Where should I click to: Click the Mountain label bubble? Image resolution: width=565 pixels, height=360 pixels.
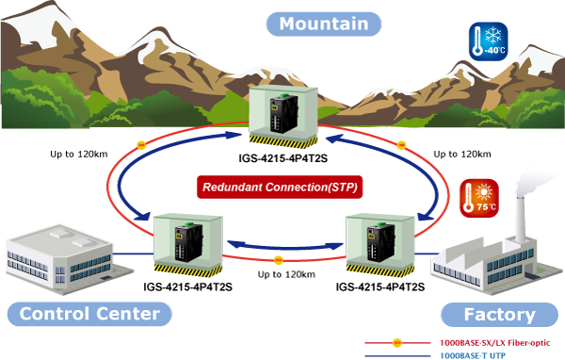pyautogui.click(x=324, y=25)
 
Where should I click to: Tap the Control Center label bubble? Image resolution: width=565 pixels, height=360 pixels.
pyautogui.click(x=89, y=314)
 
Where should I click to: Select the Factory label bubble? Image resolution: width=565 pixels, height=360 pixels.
pyautogui.click(x=499, y=315)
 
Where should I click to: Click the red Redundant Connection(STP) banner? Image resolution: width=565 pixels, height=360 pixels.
pyautogui.click(x=280, y=188)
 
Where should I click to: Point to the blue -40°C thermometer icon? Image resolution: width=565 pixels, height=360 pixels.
pyautogui.click(x=489, y=41)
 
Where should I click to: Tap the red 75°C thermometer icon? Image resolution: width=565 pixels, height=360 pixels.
pyautogui.click(x=479, y=199)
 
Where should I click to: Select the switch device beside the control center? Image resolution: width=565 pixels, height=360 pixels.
pyautogui.click(x=188, y=242)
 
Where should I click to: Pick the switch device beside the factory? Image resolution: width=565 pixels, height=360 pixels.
pyautogui.click(x=380, y=242)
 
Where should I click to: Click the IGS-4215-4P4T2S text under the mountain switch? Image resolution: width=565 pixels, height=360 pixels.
pyautogui.click(x=283, y=158)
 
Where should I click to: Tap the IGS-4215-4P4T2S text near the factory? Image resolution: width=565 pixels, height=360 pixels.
pyautogui.click(x=380, y=287)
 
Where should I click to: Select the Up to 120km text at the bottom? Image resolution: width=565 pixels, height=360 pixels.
pyautogui.click(x=286, y=275)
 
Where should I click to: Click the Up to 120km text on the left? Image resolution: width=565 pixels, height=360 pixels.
pyautogui.click(x=79, y=155)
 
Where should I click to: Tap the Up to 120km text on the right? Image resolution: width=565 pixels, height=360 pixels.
pyautogui.click(x=462, y=155)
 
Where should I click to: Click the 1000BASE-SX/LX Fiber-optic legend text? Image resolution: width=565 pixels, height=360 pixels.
pyautogui.click(x=495, y=343)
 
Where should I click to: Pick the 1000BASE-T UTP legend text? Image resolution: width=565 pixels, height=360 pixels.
pyautogui.click(x=473, y=355)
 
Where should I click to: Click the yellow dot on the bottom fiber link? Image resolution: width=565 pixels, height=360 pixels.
pyautogui.click(x=278, y=260)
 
